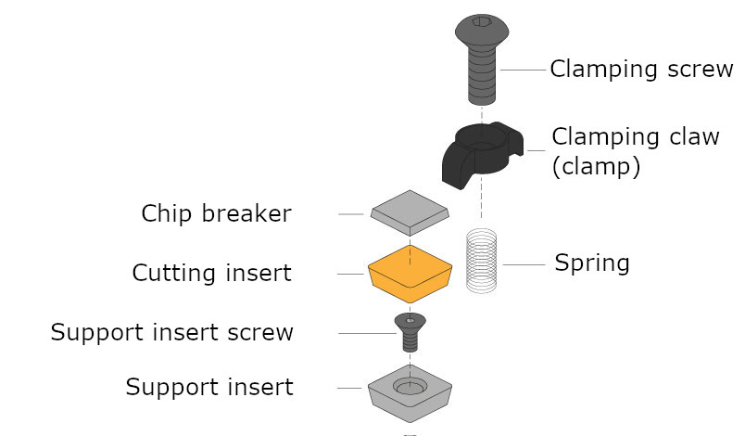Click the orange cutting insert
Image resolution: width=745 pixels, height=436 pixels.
click(x=410, y=274)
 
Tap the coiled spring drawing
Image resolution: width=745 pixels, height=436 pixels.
click(x=481, y=262)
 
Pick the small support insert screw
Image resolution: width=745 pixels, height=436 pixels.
click(x=409, y=332)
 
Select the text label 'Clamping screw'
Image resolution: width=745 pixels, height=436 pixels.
click(x=641, y=70)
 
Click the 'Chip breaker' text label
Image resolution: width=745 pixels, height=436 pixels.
click(x=216, y=214)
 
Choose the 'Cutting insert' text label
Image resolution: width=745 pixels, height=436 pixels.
click(x=211, y=274)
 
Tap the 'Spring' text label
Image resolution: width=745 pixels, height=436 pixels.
click(x=592, y=263)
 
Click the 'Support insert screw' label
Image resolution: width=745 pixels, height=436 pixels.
click(x=172, y=332)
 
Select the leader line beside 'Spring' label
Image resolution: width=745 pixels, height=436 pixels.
click(x=523, y=264)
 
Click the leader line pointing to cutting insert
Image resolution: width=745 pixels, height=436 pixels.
click(x=352, y=274)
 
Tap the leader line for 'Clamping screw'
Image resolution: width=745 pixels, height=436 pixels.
click(x=524, y=70)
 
